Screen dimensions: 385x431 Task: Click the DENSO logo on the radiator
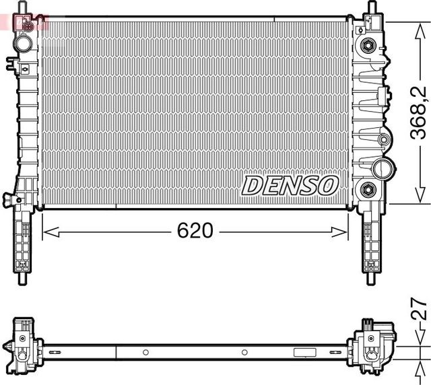[x=289, y=185]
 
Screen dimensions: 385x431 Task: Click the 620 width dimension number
[x=195, y=231]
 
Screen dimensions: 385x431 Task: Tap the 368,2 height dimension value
[x=419, y=112]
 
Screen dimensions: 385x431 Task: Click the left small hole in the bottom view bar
[x=145, y=352]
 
